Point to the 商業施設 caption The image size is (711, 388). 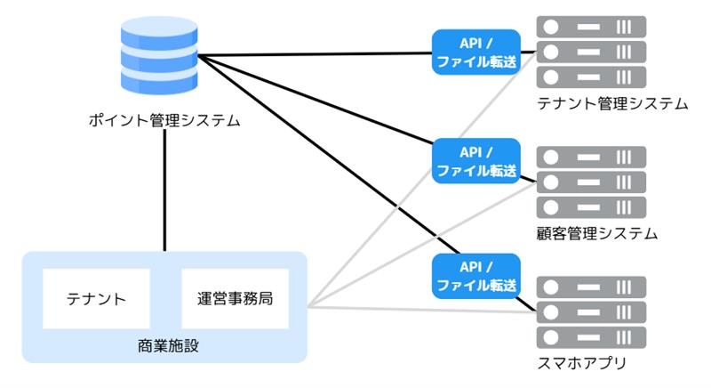click(x=164, y=344)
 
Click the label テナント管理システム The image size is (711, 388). click(x=612, y=103)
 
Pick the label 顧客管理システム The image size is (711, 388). click(x=597, y=234)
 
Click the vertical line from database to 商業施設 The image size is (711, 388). click(x=165, y=191)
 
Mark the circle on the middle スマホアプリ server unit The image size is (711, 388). click(x=551, y=313)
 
